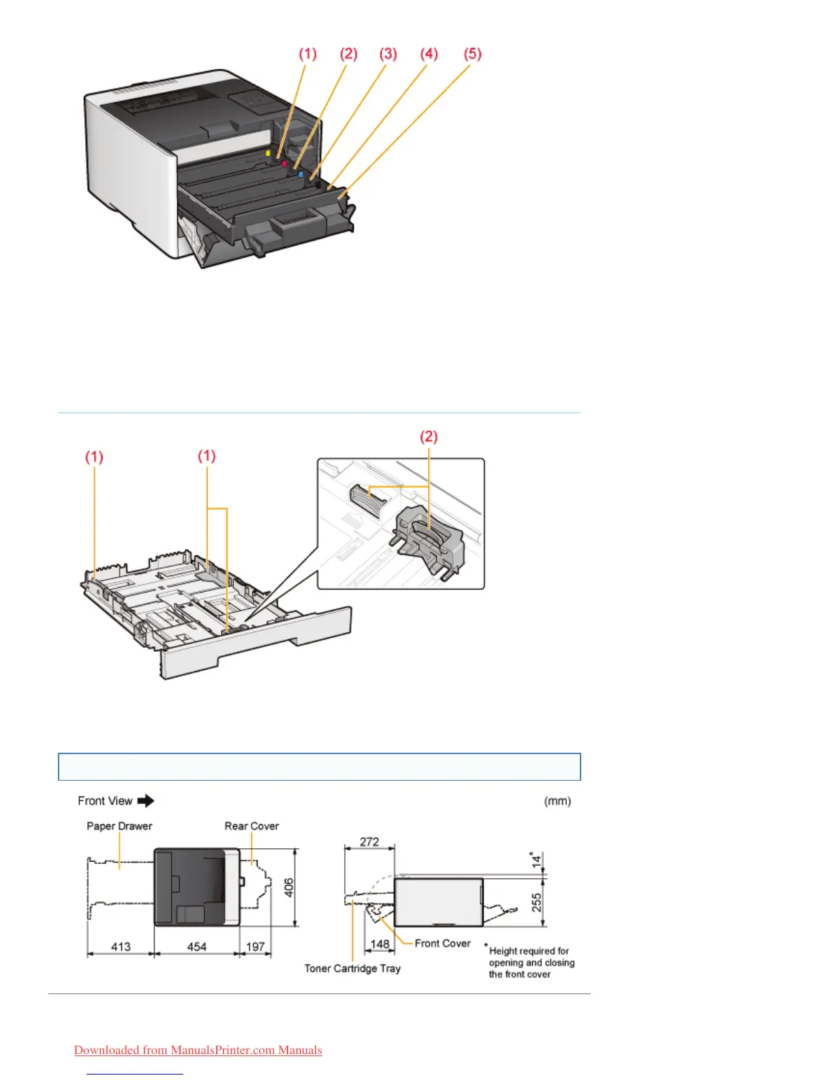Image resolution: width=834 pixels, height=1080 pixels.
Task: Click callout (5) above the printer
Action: click(472, 55)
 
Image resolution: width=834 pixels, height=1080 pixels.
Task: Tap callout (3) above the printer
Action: click(388, 55)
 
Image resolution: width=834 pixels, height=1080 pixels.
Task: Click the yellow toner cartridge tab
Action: click(268, 153)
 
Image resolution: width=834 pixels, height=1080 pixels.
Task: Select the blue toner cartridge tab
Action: click(300, 175)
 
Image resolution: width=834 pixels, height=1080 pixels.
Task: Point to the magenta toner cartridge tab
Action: click(284, 164)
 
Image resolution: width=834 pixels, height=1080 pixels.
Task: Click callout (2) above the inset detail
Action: click(428, 437)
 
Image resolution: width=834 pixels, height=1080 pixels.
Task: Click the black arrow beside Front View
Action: click(146, 801)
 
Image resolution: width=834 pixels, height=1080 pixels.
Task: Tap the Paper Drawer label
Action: click(119, 826)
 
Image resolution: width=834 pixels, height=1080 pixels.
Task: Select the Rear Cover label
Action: click(251, 826)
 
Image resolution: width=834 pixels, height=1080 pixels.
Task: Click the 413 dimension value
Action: click(121, 947)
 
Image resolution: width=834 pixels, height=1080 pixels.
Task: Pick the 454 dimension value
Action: click(196, 947)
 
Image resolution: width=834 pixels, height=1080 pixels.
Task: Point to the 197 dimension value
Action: click(255, 947)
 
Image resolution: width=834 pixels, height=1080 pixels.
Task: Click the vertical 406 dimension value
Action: click(289, 887)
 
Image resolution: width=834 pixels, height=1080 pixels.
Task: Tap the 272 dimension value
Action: click(369, 842)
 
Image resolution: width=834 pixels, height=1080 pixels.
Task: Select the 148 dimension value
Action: click(380, 944)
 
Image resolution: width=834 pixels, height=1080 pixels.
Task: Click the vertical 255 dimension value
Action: click(537, 903)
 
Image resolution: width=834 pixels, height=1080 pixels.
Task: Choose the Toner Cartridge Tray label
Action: click(352, 969)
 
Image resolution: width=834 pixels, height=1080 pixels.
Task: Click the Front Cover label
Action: click(442, 944)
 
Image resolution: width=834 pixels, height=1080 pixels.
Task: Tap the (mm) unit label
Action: click(557, 801)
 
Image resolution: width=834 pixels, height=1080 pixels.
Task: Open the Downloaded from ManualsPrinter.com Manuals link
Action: click(198, 1051)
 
